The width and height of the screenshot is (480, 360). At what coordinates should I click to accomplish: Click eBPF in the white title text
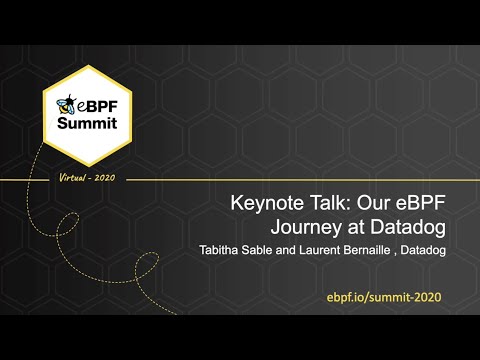coord(422,203)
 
